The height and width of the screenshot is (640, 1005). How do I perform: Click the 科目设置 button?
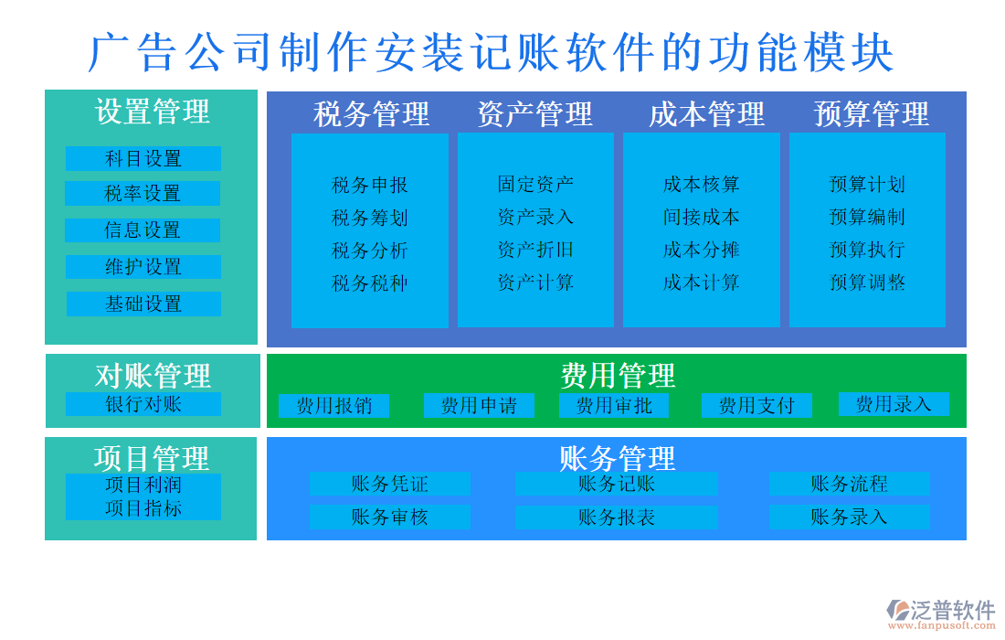tap(143, 158)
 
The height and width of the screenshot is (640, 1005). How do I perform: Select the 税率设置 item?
tap(143, 193)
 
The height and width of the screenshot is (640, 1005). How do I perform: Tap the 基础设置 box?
tap(143, 304)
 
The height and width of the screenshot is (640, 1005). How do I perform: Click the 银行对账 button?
tap(143, 404)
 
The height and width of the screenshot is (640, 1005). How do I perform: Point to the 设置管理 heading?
tap(153, 112)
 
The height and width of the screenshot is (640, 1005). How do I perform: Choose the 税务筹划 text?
tap(369, 218)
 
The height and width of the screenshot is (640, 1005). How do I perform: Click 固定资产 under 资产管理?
tap(535, 184)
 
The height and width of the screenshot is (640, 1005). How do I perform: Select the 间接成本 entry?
tap(701, 217)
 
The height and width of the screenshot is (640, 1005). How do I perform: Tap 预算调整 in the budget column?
tap(867, 283)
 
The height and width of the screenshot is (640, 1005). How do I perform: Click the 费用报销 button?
tap(333, 406)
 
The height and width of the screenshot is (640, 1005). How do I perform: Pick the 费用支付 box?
tap(756, 406)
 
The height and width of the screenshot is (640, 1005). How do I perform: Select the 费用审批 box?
tap(614, 405)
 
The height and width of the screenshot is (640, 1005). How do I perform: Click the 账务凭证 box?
tap(389, 484)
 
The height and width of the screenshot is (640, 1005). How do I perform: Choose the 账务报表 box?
tap(616, 517)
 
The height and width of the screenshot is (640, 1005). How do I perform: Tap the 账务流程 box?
tap(849, 484)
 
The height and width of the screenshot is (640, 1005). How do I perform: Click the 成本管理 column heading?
tap(706, 114)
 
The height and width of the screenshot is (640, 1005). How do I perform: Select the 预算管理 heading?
tap(871, 114)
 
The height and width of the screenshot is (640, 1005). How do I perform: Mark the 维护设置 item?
tap(143, 267)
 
